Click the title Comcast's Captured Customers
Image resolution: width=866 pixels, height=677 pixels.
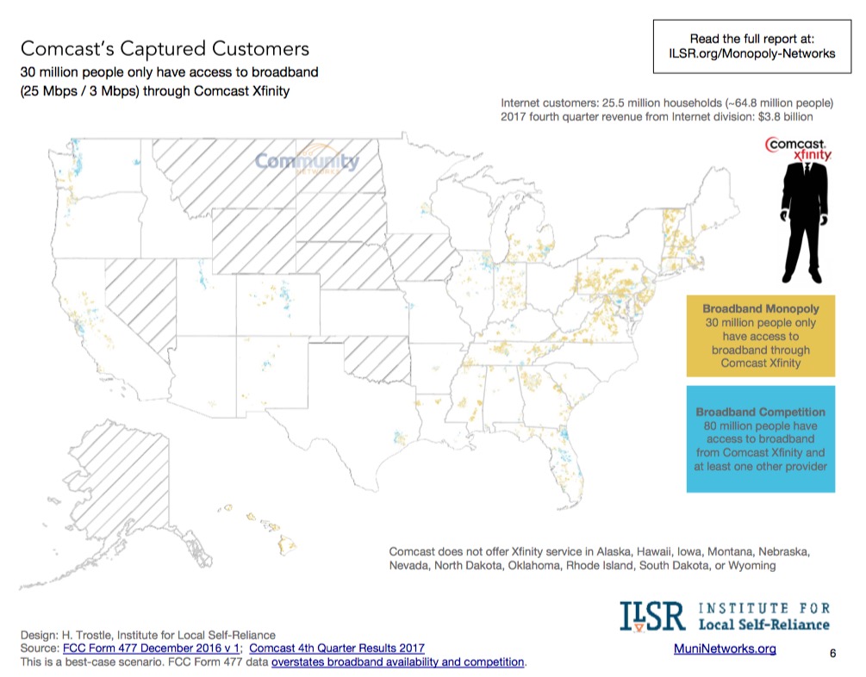coord(165,48)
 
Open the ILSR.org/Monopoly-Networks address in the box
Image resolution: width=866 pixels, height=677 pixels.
coord(751,53)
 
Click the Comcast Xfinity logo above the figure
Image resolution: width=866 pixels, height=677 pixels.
coord(800,147)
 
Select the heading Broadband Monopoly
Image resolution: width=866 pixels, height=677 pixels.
coord(760,307)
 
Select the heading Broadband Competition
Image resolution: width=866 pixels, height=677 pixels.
coord(760,412)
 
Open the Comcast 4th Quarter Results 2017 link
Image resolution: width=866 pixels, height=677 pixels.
coord(330,648)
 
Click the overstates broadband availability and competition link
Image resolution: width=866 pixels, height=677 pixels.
coord(397,661)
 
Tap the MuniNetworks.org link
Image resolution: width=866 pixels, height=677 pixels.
coord(726,649)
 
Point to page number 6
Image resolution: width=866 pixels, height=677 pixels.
coord(832,654)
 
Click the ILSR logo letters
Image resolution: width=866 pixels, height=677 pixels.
coord(651,617)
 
